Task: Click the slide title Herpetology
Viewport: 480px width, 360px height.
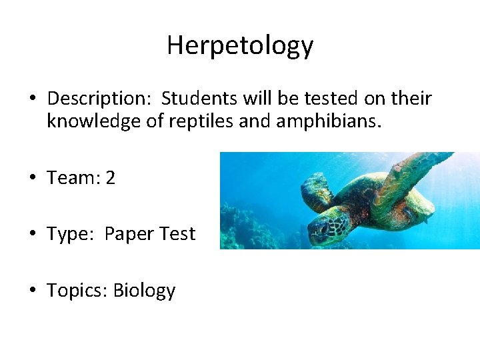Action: (x=240, y=45)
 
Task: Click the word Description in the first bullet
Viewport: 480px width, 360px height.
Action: (x=99, y=99)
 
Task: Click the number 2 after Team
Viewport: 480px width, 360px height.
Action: (x=110, y=178)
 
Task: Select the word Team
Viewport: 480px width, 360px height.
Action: (x=71, y=178)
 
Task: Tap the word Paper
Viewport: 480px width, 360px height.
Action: (x=131, y=235)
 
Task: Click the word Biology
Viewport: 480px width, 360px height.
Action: (x=144, y=291)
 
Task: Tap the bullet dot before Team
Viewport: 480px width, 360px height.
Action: (x=33, y=179)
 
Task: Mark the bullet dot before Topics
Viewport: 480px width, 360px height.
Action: (x=33, y=291)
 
